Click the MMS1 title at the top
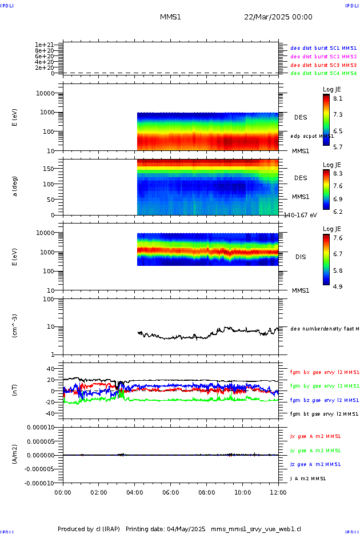point(170,17)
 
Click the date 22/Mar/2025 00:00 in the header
point(278,17)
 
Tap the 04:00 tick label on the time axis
point(135,492)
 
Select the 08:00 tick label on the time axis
point(206,492)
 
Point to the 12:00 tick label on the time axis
point(278,492)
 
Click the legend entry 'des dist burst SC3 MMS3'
point(323,65)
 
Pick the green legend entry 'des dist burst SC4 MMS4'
point(323,73)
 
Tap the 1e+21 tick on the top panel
point(44,45)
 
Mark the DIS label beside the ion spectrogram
point(300,257)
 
